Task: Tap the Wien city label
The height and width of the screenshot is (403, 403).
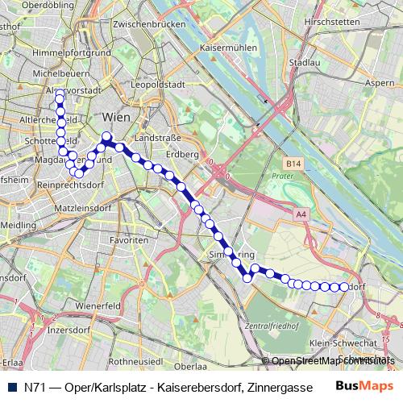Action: (117, 118)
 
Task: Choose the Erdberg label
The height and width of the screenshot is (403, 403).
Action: (183, 154)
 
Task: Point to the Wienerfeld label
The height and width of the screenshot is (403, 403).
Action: (98, 306)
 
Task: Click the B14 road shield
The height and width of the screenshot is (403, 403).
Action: (293, 164)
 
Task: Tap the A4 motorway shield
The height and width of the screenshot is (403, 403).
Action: (301, 214)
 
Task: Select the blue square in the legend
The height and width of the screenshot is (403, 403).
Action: (11, 386)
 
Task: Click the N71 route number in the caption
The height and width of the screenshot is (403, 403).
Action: (34, 386)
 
